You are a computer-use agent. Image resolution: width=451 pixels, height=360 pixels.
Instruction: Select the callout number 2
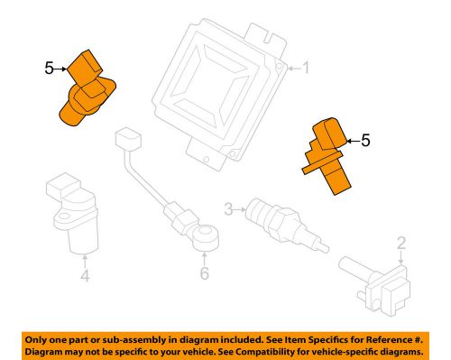(402, 242)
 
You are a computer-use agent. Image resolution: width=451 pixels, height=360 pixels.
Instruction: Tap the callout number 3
(229, 209)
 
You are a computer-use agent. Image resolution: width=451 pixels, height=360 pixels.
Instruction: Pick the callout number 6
(204, 273)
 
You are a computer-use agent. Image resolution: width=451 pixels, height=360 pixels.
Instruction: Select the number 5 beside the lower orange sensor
(364, 140)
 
